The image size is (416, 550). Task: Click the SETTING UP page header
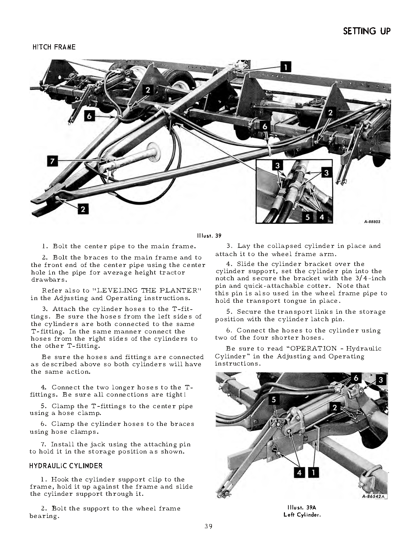click(366, 31)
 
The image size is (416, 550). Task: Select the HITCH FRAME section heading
click(54, 47)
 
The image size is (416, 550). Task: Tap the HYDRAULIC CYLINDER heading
click(66, 465)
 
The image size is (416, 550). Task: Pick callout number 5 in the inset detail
click(307, 217)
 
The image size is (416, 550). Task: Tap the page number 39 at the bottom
click(208, 526)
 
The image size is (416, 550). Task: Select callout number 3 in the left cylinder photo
click(381, 380)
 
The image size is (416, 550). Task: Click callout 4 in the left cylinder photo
click(299, 473)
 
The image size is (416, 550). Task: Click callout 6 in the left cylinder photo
click(356, 378)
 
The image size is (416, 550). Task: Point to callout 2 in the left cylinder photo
click(335, 407)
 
